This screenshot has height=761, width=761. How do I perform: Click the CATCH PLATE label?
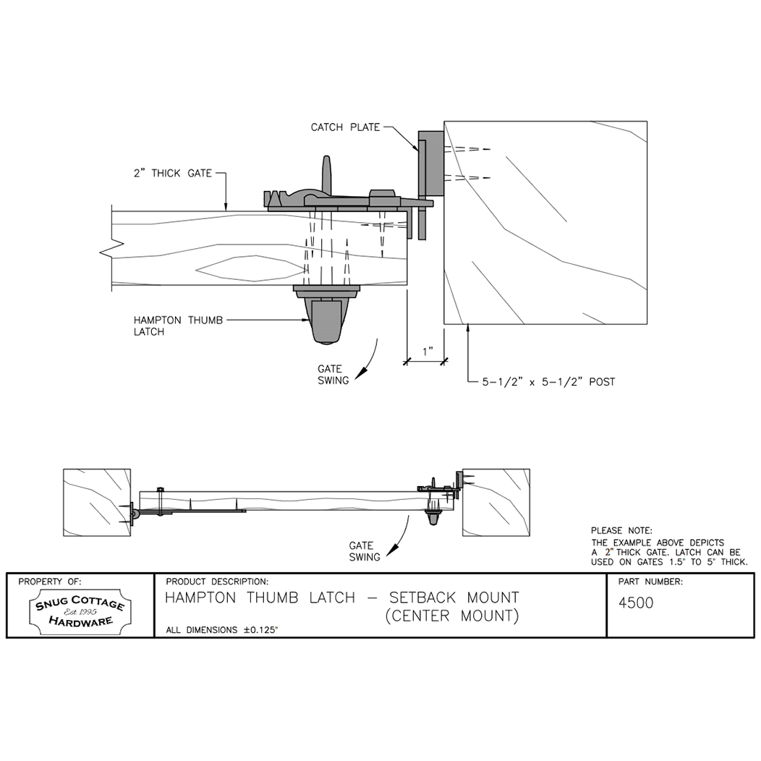click(344, 128)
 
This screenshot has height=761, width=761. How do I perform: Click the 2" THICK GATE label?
click(172, 173)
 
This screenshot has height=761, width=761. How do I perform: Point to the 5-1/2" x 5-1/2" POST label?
click(548, 381)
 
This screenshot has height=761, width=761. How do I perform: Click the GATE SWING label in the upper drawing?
click(333, 374)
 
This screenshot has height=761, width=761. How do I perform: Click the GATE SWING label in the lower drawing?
click(364, 551)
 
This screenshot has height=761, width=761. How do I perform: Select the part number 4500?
click(637, 603)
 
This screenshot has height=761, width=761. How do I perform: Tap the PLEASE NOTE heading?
click(621, 531)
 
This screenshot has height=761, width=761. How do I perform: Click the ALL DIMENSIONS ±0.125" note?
click(222, 630)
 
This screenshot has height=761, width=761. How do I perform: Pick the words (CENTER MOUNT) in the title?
click(451, 616)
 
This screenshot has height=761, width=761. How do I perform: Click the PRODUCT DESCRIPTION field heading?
click(217, 582)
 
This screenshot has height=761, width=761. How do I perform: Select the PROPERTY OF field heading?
click(50, 582)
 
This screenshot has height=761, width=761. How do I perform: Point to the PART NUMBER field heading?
click(650, 582)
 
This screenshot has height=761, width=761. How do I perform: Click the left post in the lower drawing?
click(96, 502)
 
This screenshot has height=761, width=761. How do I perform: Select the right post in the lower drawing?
click(496, 502)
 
